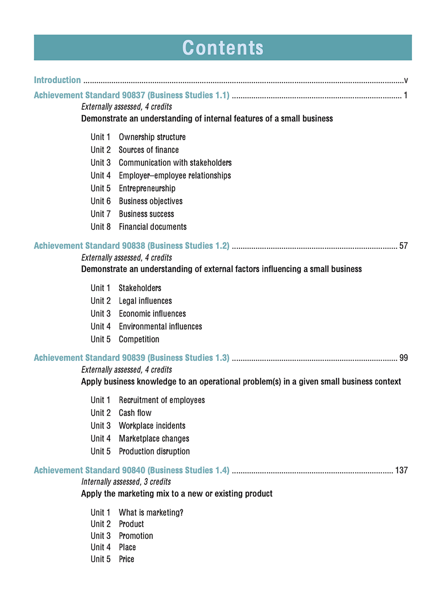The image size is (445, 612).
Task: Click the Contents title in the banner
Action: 223,48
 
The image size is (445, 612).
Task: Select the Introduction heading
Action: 57,80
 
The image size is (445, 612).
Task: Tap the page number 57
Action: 403,246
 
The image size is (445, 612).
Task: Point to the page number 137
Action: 402,470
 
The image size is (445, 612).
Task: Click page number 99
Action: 403,358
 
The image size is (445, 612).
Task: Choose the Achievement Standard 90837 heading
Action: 131,95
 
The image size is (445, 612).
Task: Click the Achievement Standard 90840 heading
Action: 131,470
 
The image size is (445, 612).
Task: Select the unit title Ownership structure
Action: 152,137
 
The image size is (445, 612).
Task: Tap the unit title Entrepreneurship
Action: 147,188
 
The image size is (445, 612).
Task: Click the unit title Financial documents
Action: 153,227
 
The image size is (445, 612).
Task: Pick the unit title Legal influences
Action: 145,301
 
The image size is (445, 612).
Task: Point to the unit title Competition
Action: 139,339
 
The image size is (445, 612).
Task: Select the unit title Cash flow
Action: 135,413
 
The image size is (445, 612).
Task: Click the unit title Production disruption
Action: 154,451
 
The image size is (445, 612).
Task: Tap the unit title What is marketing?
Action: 151,512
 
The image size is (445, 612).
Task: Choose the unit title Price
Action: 127,559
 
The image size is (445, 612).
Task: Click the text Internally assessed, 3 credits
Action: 126,482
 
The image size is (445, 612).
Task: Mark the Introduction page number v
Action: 406,80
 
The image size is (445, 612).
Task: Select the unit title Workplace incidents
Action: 152,426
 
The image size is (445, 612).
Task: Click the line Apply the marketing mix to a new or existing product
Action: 177,494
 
